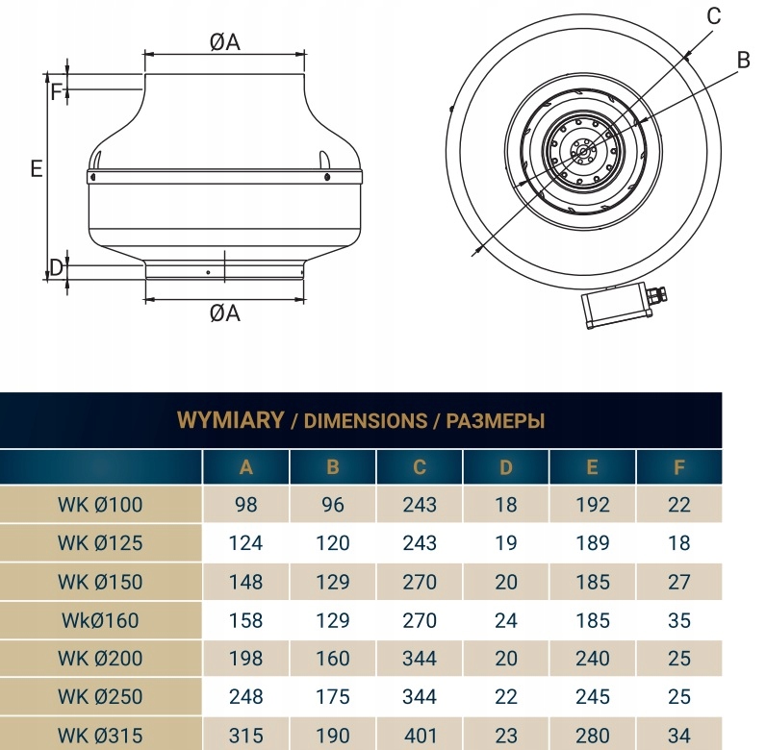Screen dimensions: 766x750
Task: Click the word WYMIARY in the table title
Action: pos(230,419)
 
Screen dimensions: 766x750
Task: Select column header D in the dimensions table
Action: pos(505,467)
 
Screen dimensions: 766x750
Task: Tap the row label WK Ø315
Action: pos(100,735)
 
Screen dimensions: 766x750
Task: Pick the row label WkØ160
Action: pos(100,620)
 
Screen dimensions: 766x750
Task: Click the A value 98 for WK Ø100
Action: pos(245,505)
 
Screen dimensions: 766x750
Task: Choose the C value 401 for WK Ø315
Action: pos(421,735)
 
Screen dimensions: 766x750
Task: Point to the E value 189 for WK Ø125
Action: pos(593,543)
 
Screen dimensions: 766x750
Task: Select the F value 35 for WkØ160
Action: pos(679,620)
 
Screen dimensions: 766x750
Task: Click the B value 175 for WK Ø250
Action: pos(333,697)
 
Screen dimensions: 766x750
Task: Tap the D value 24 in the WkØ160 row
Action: pos(505,620)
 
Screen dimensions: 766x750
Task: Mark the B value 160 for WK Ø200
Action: pos(333,659)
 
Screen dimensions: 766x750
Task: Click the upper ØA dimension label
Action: pos(225,42)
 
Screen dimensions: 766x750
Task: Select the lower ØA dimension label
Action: pos(225,313)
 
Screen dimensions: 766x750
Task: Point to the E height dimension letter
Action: pos(37,168)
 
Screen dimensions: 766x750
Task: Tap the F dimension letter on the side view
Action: pos(56,91)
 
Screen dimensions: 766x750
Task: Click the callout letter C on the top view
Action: pos(714,16)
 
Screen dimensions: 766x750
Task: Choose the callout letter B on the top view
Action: pos(743,60)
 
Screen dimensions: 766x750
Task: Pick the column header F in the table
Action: pos(679,467)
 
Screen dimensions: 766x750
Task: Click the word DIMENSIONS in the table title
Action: pos(365,421)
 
